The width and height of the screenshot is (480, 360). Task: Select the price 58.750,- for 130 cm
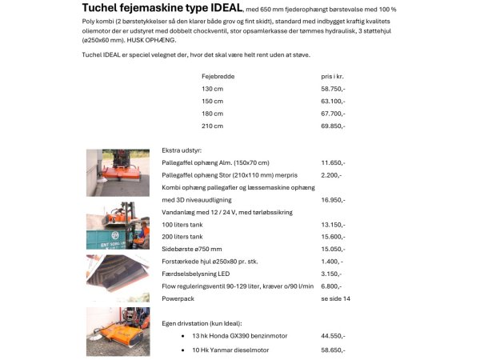pos(333,89)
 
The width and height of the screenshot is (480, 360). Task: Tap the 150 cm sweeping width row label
pos(212,102)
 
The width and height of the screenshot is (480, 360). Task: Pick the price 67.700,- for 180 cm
pos(333,114)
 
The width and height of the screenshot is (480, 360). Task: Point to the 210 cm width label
pos(212,126)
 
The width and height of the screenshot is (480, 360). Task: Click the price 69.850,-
pos(333,126)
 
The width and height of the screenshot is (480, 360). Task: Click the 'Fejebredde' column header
pos(218,76)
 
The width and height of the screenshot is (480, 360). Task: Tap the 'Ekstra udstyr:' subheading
pos(182,150)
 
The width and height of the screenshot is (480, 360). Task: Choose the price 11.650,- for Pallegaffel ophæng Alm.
pos(333,162)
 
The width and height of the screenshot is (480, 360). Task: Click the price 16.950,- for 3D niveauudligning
pos(333,200)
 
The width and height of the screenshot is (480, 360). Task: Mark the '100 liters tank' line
pos(182,225)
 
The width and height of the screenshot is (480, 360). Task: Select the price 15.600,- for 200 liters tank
pos(333,237)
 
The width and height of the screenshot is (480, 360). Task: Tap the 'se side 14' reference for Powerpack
pos(335,298)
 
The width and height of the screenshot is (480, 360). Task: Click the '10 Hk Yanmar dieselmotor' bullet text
pos(230,350)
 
